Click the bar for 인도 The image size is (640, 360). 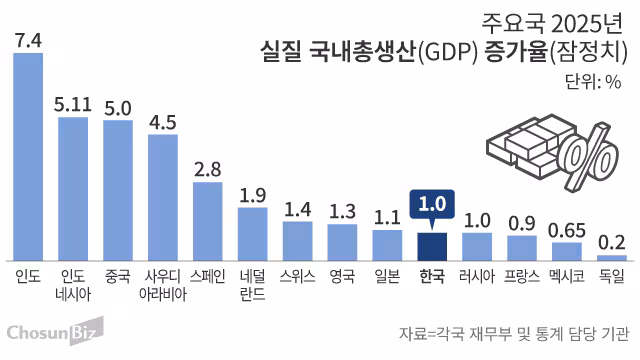coord(27,156)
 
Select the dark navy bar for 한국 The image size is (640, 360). coord(432,246)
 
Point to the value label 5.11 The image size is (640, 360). coord(72,104)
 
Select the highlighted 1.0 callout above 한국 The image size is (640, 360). coord(432,204)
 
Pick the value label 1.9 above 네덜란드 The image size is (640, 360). coord(252,194)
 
